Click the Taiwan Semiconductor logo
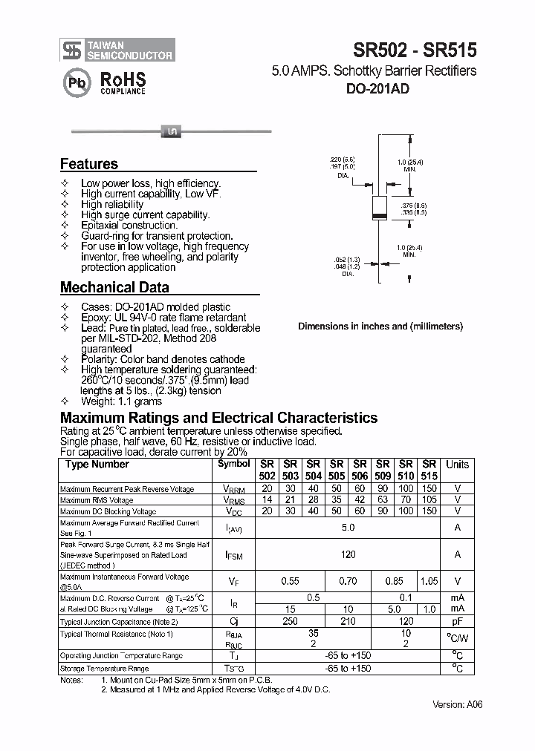(117, 50)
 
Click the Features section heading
(88, 164)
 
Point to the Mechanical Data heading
(114, 287)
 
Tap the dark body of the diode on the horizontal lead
(171, 132)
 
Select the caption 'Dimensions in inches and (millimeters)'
(380, 326)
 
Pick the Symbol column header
(234, 464)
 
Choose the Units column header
(457, 465)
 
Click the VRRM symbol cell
(234, 489)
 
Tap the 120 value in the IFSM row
(348, 554)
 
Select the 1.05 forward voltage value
(429, 582)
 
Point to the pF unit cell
(457, 620)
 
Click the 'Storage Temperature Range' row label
(105, 669)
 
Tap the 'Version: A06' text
(455, 705)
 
